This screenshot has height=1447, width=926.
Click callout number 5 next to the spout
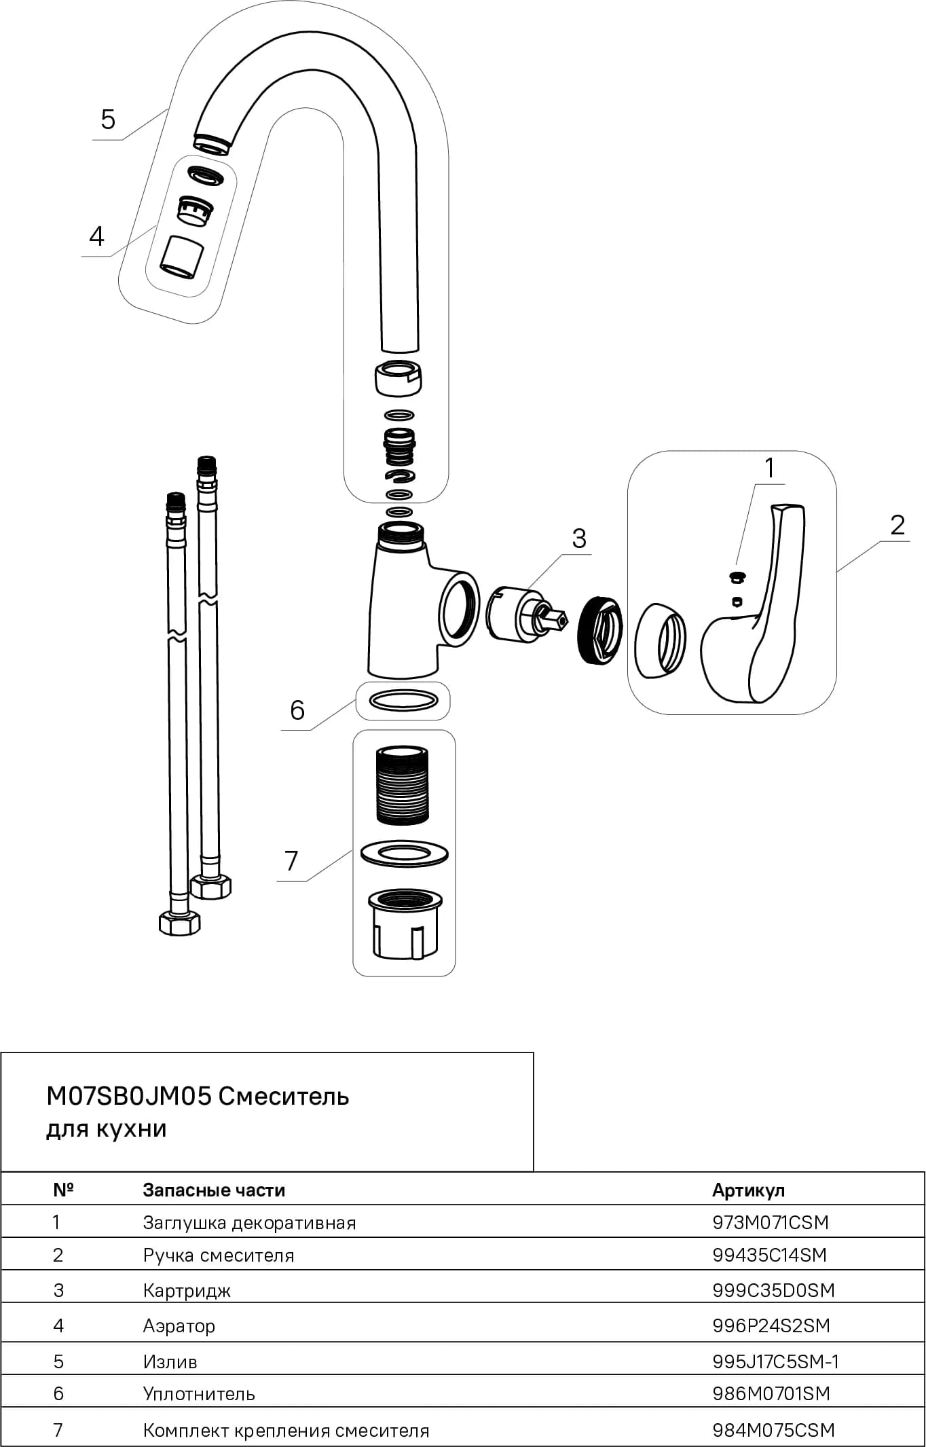pos(108,120)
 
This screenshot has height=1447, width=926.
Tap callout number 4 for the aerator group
pos(96,236)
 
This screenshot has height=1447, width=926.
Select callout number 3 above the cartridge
pos(579,538)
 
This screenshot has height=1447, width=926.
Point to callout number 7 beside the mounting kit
pos(291,860)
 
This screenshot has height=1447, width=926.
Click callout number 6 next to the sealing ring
pos(297,710)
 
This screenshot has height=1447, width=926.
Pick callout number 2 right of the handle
pos(897,525)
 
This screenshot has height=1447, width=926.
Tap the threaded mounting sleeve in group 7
pos(402,785)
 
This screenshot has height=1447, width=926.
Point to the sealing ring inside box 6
pos(403,700)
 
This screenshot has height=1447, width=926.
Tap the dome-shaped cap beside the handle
pos(659,640)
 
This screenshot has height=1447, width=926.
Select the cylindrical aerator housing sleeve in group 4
pos(181,257)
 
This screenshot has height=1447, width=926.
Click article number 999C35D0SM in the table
pos(773,1290)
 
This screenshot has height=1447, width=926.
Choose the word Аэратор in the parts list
pos(179,1325)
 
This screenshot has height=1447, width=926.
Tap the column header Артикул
pos(748,1190)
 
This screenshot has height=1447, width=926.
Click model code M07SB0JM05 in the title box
pos(129,1096)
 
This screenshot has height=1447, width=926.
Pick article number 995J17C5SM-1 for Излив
pos(776,1361)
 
